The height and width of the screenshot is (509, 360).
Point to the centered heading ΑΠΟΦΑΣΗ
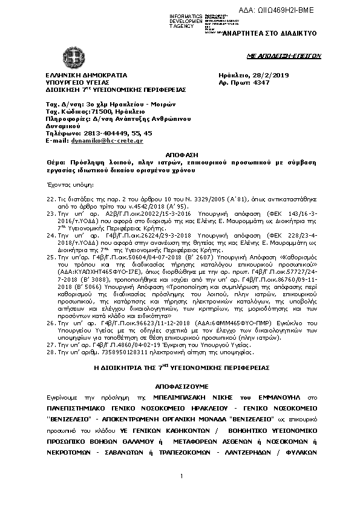180,156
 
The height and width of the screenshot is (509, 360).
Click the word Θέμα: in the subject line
57,163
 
